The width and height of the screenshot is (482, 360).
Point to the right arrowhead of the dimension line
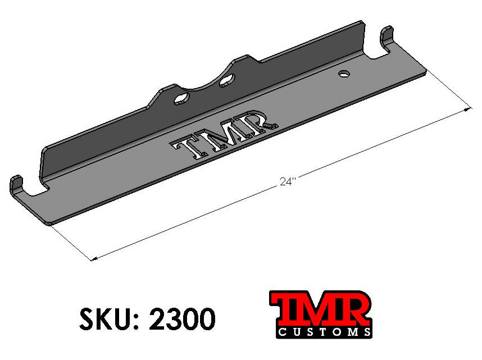(467, 110)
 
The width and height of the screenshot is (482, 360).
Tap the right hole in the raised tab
(226, 82)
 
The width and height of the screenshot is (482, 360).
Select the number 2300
(181, 320)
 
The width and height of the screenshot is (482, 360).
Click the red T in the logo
(287, 309)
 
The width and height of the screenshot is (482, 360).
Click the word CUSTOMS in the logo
(324, 331)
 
